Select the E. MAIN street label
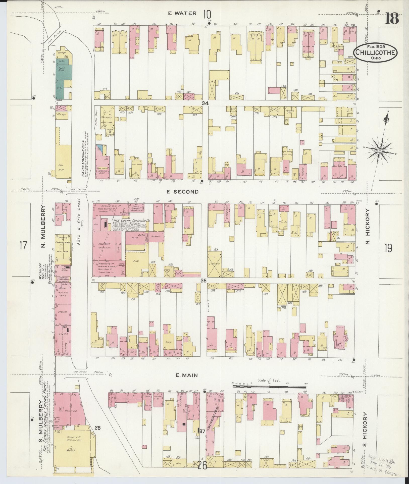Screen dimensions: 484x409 187,375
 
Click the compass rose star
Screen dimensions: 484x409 380,150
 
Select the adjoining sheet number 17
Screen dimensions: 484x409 23,245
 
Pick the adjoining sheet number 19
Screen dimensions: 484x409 388,248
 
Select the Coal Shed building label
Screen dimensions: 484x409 61,167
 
